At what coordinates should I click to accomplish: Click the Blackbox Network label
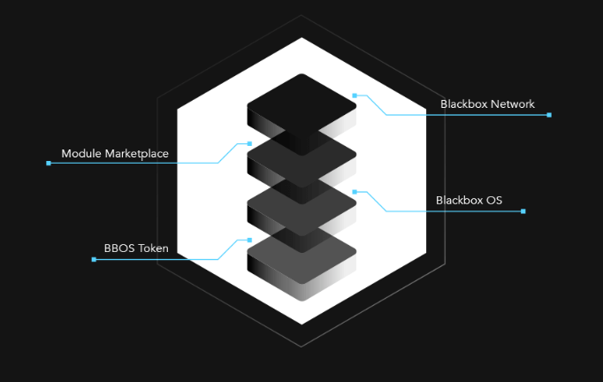tap(487, 104)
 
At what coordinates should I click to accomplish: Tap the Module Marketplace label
tap(114, 154)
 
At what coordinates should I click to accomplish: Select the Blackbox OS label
tap(469, 201)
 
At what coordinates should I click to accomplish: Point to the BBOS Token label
tap(135, 248)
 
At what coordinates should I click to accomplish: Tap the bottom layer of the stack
tap(301, 255)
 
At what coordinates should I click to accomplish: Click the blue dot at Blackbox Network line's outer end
tap(549, 115)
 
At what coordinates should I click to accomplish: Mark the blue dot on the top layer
tap(355, 95)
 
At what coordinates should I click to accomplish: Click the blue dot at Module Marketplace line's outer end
tap(49, 163)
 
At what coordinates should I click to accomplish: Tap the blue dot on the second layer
tap(249, 143)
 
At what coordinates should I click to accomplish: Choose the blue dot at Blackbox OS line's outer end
tap(523, 211)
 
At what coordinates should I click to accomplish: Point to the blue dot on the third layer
tap(355, 192)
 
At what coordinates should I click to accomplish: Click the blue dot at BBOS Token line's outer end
tap(94, 259)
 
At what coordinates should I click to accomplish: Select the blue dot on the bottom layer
tap(249, 240)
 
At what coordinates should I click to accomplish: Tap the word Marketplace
tap(136, 154)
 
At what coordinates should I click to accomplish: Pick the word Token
tap(152, 248)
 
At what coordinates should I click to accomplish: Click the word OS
tap(493, 201)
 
